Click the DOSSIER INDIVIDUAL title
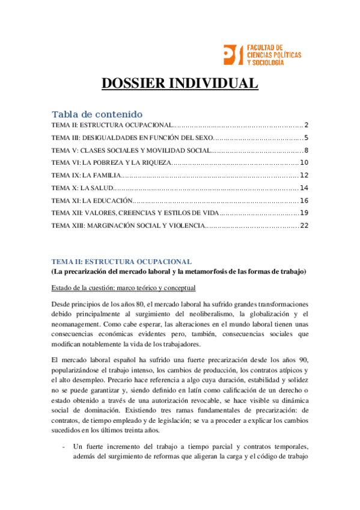pyautogui.click(x=180, y=83)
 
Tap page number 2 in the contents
pyautogui.click(x=306, y=125)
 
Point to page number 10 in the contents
pyautogui.click(x=304, y=162)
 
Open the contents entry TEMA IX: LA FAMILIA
pyautogui.click(x=87, y=175)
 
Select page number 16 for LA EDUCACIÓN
pyautogui.click(x=304, y=200)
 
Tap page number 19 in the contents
pyautogui.click(x=304, y=213)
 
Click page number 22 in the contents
pyautogui.click(x=304, y=226)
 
